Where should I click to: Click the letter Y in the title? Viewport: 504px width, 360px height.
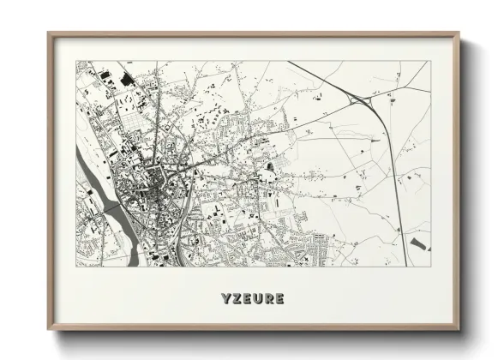click(224, 299)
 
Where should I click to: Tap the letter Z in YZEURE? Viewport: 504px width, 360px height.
click(236, 299)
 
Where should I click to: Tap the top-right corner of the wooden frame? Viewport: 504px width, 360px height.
click(459, 34)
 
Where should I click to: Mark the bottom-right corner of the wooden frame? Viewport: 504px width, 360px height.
click(459, 329)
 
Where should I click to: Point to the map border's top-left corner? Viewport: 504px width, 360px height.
click(76, 61)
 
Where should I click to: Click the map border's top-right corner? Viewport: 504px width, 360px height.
click(431, 61)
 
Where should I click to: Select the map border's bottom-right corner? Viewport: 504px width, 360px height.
click(431, 266)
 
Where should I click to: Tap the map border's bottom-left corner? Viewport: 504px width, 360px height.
click(76, 266)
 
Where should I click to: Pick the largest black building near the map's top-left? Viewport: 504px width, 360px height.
click(128, 80)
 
